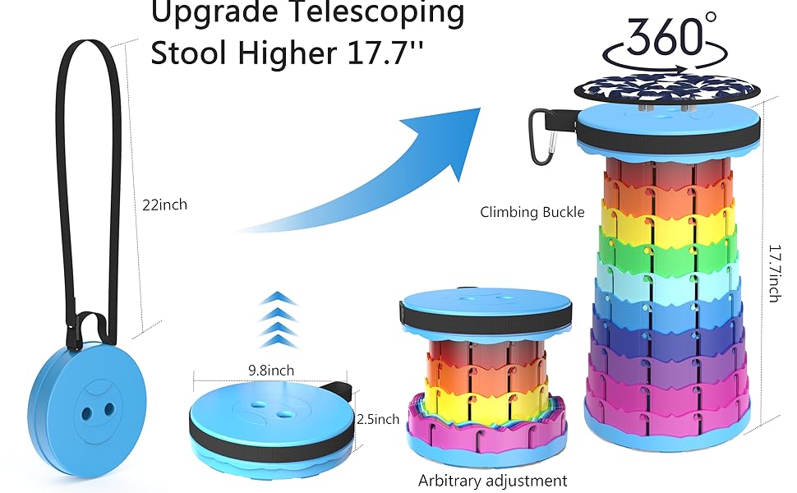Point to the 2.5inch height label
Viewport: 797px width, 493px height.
coord(379,419)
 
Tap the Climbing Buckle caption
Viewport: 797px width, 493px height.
coord(532,212)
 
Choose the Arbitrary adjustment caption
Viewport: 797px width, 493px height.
coord(493,480)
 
